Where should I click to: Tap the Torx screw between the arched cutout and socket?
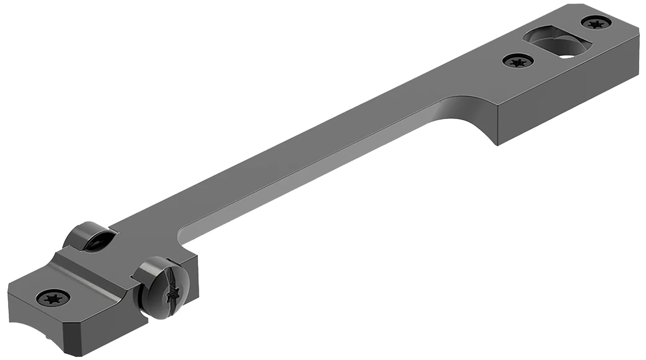point(518,62)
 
